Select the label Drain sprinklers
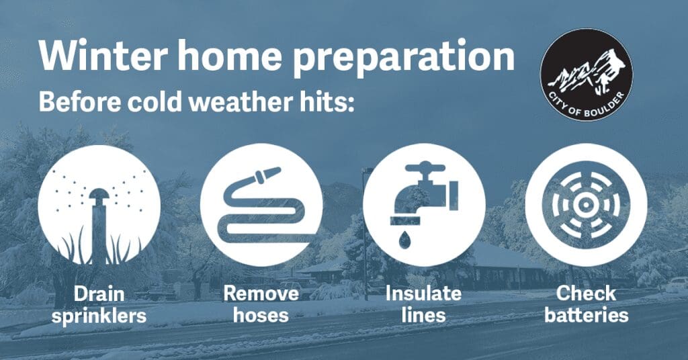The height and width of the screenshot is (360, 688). pos(99,304)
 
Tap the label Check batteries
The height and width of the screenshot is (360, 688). pos(586,304)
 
